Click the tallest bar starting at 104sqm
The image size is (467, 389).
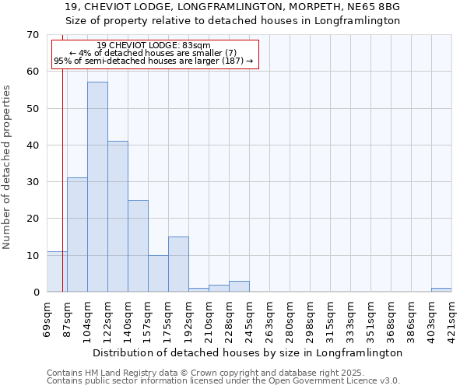[97, 187]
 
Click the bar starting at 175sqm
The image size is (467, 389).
[178, 265]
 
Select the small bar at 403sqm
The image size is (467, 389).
[441, 290]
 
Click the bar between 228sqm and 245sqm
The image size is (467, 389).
[239, 286]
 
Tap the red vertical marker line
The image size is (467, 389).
[62, 194]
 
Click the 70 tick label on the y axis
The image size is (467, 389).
[32, 35]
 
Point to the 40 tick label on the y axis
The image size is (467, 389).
[32, 145]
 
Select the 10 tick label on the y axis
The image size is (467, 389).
[32, 255]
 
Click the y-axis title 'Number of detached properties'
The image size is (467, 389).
[7, 167]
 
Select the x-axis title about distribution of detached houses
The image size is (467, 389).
[257, 352]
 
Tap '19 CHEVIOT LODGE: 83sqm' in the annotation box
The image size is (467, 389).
[153, 46]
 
